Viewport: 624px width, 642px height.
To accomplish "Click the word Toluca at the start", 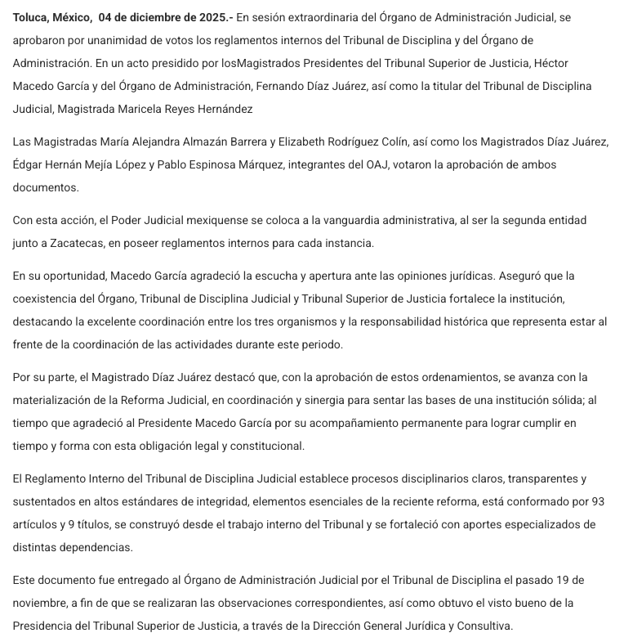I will (32, 17).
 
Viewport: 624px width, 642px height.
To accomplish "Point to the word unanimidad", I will (123, 40).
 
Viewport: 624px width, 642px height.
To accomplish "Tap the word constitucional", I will (265, 446).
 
